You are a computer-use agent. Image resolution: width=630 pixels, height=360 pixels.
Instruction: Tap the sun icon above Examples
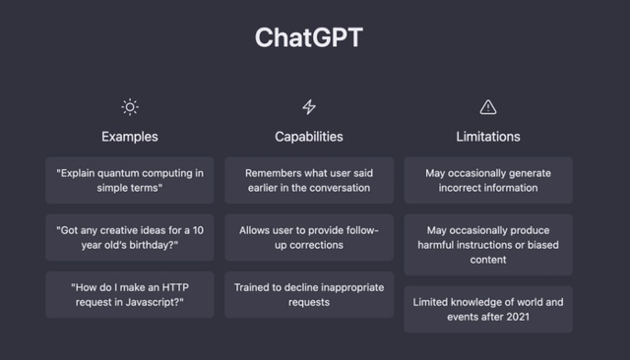130,106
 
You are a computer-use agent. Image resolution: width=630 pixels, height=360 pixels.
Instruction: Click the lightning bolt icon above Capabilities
309,106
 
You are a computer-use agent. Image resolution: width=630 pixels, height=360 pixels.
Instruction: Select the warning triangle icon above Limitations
488,106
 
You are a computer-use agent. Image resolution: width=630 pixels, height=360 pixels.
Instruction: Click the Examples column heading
130,136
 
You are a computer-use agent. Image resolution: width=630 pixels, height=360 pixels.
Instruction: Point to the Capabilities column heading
309,136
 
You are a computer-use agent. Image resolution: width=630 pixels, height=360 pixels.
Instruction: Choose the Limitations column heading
488,136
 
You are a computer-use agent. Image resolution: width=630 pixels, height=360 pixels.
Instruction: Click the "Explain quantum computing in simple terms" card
130,180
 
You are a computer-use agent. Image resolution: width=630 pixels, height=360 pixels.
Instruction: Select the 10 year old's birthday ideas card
130,237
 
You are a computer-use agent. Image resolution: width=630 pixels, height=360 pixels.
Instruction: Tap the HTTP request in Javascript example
130,294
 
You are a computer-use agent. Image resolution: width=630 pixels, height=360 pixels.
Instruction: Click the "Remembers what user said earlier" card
309,180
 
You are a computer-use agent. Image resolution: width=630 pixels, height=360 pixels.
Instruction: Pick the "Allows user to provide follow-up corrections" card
309,237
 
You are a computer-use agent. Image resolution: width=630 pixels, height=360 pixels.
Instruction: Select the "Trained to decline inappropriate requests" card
309,294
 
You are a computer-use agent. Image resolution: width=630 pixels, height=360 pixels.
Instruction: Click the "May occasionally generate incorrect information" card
488,180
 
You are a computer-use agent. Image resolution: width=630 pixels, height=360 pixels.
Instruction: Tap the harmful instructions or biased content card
488,245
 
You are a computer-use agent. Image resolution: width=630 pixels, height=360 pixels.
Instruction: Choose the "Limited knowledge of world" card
488,309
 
